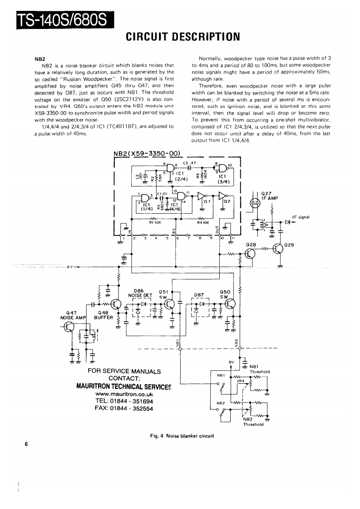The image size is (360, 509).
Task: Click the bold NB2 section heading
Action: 39,59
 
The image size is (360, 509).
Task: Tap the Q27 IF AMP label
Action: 270,195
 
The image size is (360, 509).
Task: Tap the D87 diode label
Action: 199,295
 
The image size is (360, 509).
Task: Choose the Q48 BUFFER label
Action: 104,315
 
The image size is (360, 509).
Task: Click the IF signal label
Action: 301,217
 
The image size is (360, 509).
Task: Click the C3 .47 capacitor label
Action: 189,162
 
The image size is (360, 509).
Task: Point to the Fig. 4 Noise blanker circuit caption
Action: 182,436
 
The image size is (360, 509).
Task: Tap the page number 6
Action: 27,444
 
